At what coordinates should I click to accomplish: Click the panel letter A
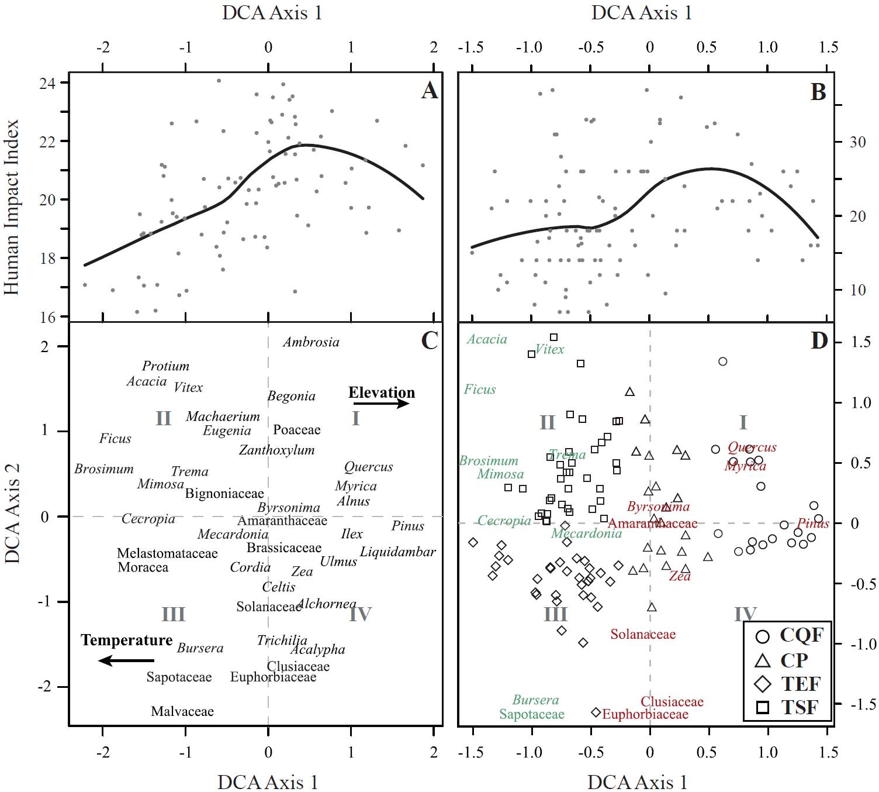click(x=430, y=91)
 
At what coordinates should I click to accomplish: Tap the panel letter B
click(x=818, y=92)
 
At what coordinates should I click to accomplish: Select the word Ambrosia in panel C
click(x=311, y=342)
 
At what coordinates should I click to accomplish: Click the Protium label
click(x=166, y=366)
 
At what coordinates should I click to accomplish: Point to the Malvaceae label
click(x=182, y=711)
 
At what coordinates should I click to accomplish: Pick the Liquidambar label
click(x=397, y=552)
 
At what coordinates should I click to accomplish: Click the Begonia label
click(x=291, y=396)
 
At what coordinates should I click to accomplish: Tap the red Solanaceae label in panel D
click(x=643, y=634)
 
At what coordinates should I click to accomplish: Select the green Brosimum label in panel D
click(x=489, y=461)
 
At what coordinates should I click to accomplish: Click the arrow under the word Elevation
click(x=381, y=404)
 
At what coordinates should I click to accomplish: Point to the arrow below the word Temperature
click(x=126, y=660)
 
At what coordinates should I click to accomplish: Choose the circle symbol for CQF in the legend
click(x=763, y=636)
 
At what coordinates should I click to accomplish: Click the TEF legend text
click(x=801, y=683)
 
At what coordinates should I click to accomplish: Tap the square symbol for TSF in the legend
click(x=763, y=708)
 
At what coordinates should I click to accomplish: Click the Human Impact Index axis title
click(x=12, y=208)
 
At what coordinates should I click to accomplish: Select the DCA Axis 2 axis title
click(x=12, y=513)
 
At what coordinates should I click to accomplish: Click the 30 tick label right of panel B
click(x=857, y=142)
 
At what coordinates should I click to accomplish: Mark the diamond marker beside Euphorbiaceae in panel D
click(x=596, y=712)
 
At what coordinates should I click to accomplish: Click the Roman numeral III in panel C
click(x=173, y=614)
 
